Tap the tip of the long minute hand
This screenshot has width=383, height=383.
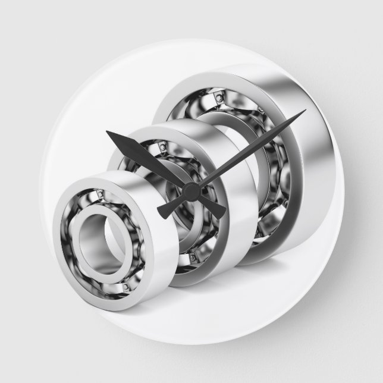[304, 111]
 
